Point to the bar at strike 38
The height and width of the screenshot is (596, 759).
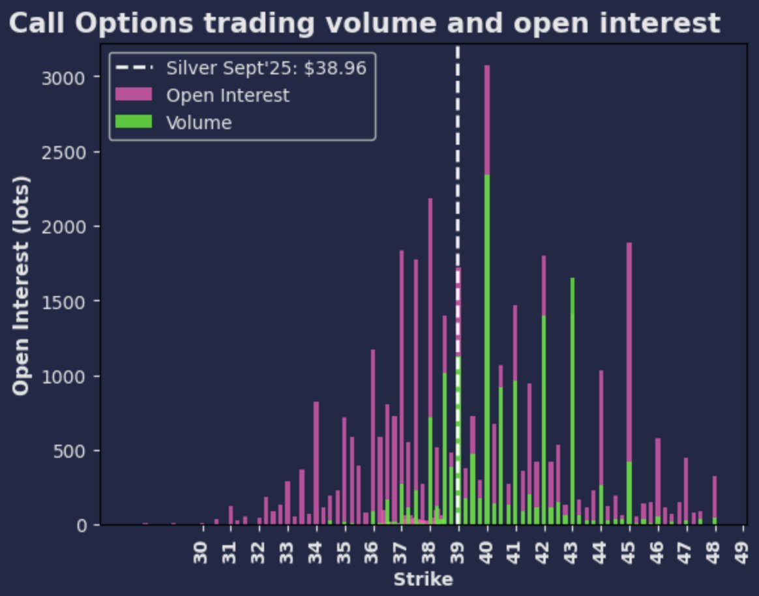430,326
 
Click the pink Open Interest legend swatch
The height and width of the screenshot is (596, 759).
134,95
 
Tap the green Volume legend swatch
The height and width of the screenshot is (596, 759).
134,122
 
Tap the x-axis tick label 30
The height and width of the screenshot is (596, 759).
201,553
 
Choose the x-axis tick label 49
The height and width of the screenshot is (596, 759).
743,553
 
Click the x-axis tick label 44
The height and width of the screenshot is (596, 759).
601,553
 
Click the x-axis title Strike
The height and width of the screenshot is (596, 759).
423,579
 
